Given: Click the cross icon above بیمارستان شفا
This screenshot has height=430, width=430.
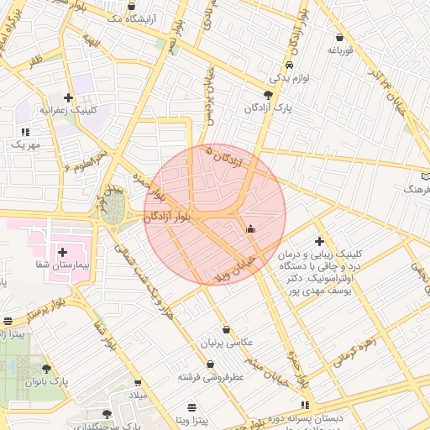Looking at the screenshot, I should tap(63, 251).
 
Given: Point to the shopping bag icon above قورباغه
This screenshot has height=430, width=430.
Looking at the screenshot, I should tap(339, 38).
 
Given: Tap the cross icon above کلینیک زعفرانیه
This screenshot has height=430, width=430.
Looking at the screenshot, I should tap(69, 97).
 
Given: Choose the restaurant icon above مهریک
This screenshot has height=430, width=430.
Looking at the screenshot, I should tap(25, 132).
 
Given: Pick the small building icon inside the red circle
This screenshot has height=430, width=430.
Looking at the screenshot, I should tap(249, 228).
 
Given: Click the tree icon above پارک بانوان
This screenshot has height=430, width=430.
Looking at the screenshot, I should tap(46, 368).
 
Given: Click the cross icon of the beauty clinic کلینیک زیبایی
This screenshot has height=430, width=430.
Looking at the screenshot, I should tap(319, 241).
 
